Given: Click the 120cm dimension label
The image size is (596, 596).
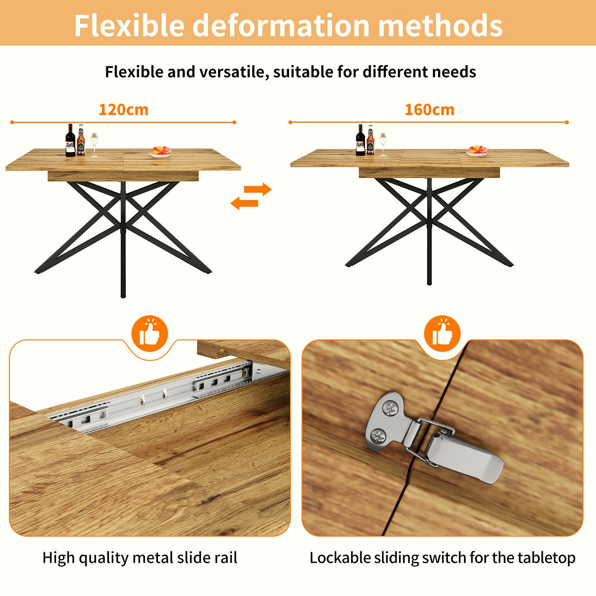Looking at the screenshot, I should [123, 109].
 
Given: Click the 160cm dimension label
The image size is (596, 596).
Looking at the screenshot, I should [429, 109].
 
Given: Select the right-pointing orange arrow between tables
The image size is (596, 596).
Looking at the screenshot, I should [259, 189].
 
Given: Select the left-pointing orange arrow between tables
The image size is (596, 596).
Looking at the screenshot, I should [244, 202].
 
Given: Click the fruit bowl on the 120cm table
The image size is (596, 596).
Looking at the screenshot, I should [160, 151].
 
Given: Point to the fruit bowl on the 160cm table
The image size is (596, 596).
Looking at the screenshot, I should [477, 150].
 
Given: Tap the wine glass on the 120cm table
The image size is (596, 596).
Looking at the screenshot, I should [94, 145].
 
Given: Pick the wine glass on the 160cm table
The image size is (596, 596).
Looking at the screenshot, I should [383, 144].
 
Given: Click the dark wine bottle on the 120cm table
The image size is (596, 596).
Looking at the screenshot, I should [71, 141].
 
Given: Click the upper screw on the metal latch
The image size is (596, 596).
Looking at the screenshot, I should [389, 409].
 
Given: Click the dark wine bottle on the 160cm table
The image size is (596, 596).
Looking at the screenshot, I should [360, 141].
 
